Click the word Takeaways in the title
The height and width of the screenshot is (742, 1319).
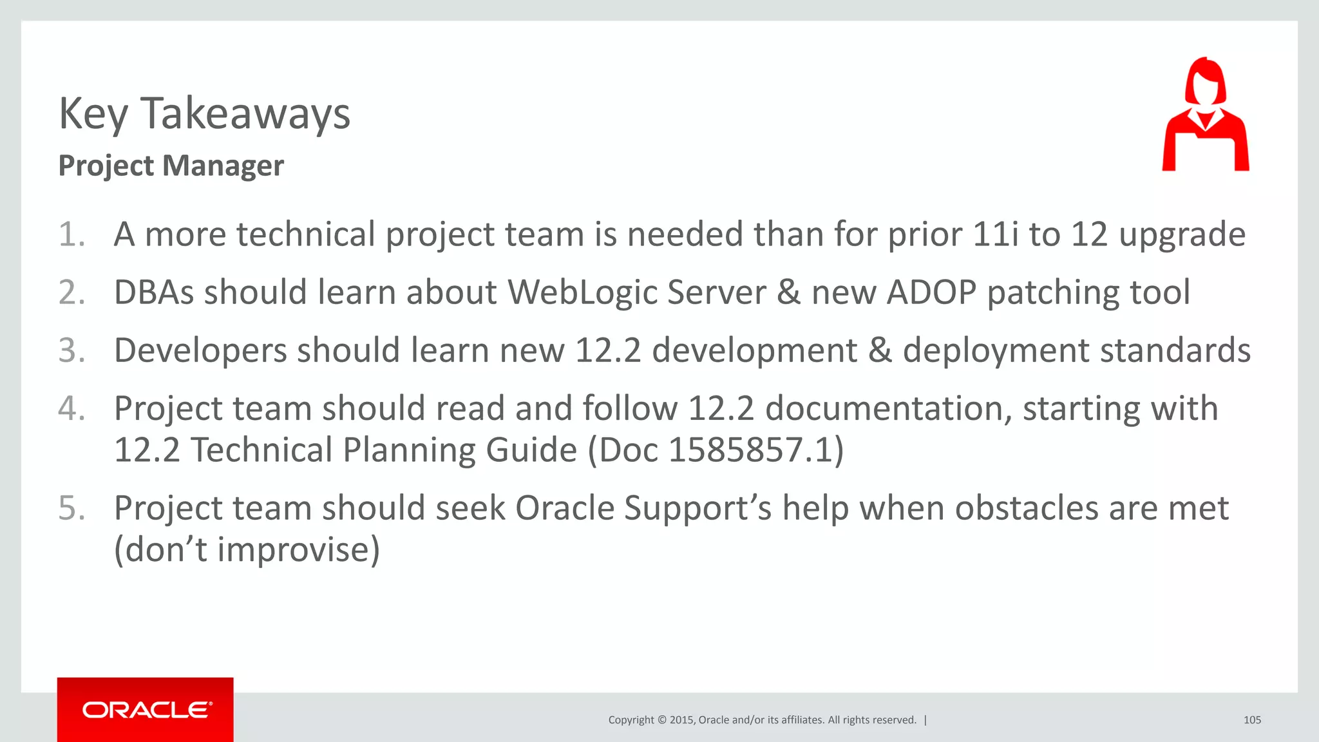pyautogui.click(x=245, y=114)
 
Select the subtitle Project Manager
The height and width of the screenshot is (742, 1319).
pyautogui.click(x=171, y=166)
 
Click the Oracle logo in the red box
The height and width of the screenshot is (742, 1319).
pyautogui.click(x=146, y=710)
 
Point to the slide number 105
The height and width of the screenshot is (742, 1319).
pyautogui.click(x=1251, y=720)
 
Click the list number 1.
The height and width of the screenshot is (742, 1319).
pyautogui.click(x=71, y=234)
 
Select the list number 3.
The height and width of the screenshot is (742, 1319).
pyautogui.click(x=71, y=351)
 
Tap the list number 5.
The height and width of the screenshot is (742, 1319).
pyautogui.click(x=71, y=508)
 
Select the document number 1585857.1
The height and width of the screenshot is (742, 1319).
pyautogui.click(x=750, y=450)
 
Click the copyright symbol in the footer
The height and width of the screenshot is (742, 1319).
pyautogui.click(x=661, y=720)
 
